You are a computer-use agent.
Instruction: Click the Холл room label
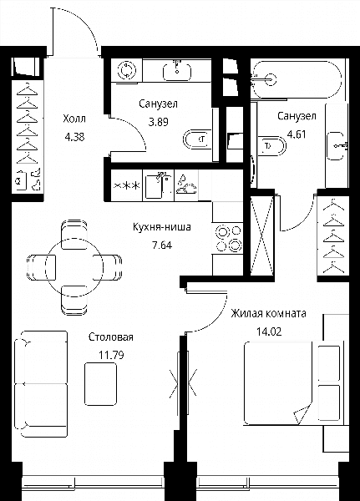point(74,119)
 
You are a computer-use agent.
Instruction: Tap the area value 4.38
point(74,137)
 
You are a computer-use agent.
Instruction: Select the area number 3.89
point(158,122)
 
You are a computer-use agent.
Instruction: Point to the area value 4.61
point(297,134)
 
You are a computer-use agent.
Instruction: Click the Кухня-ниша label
point(162,227)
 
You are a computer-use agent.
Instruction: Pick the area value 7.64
point(162,245)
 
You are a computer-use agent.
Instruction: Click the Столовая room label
point(110,337)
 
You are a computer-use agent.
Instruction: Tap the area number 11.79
point(111,355)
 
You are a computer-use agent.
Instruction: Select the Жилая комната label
point(269,313)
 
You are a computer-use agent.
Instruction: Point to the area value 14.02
point(269,331)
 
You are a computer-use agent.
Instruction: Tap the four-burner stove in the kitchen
point(229,238)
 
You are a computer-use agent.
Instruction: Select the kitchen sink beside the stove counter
point(158,185)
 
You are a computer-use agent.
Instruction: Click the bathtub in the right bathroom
point(297,79)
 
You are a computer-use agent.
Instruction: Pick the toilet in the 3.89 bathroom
point(197,139)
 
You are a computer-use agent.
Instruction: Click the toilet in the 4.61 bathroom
point(271,146)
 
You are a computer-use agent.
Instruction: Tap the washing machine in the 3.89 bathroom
point(127,69)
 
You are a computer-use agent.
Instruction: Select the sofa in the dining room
point(41,384)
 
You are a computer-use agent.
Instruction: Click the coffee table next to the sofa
point(100,384)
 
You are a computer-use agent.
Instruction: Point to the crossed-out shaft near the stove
point(261,235)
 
